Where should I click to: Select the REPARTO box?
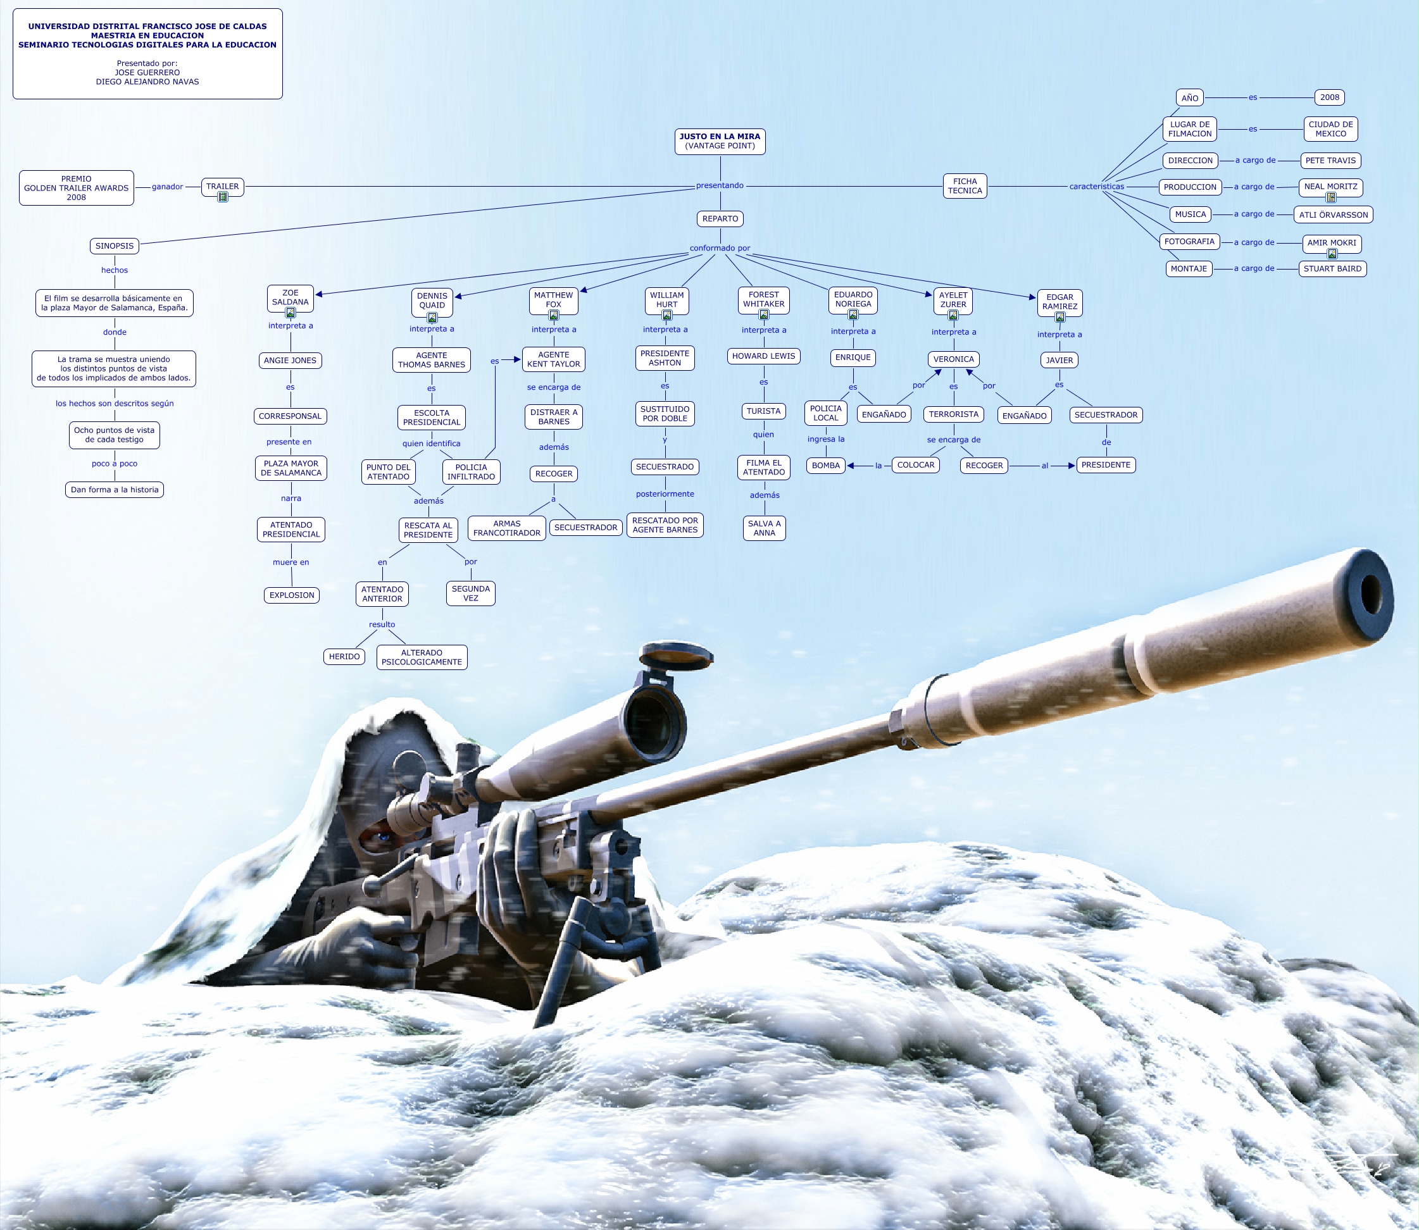(720, 219)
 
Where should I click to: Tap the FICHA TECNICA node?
(965, 186)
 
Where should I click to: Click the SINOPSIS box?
(115, 245)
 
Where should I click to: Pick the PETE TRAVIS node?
(1330, 161)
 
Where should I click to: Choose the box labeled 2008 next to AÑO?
(1329, 97)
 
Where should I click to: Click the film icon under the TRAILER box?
(222, 197)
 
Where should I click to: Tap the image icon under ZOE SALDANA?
(291, 313)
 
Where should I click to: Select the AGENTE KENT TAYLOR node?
(553, 359)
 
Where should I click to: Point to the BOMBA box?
(825, 466)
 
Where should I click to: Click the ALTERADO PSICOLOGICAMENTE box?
(422, 657)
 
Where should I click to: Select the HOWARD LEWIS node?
(763, 356)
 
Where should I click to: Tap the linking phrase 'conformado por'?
(720, 249)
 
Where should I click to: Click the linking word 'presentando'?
(720, 185)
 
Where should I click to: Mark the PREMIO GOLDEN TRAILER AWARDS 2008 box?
(76, 188)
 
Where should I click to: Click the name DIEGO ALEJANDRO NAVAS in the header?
(147, 82)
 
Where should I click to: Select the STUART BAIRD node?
(1332, 269)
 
